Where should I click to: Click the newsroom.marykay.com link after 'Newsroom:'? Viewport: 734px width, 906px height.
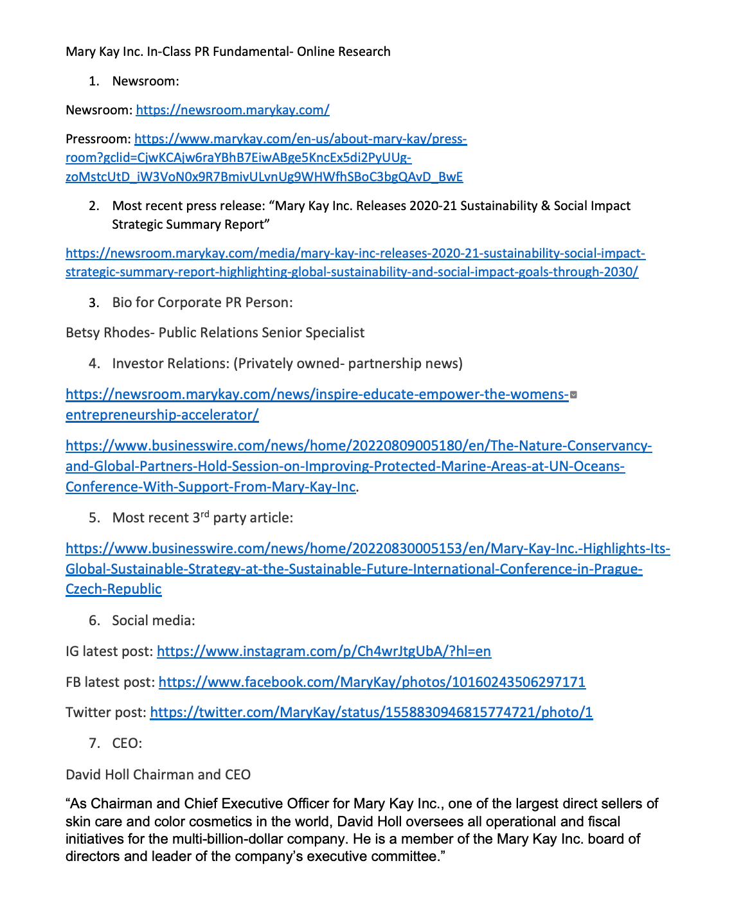coord(233,110)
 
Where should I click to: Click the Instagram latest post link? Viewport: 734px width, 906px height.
coord(323,652)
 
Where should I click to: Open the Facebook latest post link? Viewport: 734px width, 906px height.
coord(371,682)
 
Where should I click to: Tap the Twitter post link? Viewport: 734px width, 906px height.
coord(371,712)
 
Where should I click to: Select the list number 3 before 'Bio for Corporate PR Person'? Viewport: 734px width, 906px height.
coord(94,303)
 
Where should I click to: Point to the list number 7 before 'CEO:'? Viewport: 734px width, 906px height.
coord(94,743)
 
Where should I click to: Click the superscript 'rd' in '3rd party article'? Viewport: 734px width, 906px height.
coord(205,514)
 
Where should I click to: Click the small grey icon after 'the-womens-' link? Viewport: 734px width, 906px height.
coord(573,395)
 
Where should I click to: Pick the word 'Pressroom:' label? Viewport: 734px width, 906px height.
coord(98,139)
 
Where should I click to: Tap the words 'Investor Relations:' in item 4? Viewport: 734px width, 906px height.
coord(170,364)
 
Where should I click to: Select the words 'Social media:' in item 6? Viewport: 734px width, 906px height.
coord(154,621)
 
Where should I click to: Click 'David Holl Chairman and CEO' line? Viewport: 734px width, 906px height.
coord(158,775)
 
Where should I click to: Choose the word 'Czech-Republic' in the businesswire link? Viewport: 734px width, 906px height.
coord(113,589)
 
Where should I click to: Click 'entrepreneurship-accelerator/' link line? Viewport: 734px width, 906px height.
coord(162,415)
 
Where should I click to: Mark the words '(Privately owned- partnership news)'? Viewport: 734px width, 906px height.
coord(348,364)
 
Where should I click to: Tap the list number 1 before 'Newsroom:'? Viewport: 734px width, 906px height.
coord(94,81)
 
